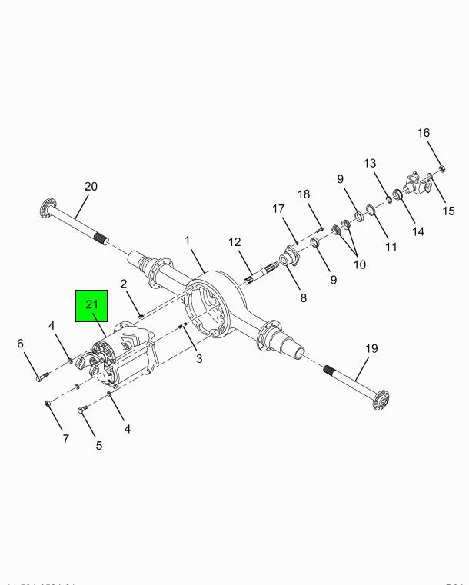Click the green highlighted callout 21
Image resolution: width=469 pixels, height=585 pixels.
92,305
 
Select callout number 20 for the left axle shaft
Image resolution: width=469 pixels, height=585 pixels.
91,186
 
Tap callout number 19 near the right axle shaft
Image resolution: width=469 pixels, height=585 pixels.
371,348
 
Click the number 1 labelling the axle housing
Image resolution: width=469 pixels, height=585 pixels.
187,241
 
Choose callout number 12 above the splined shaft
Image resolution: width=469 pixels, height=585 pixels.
234,242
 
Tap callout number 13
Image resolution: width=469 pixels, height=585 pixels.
371,163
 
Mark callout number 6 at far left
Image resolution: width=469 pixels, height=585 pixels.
21,343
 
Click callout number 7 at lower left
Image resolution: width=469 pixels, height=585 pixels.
65,439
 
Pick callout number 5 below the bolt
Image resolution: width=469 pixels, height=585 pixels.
99,445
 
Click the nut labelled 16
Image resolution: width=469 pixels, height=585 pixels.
443,168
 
